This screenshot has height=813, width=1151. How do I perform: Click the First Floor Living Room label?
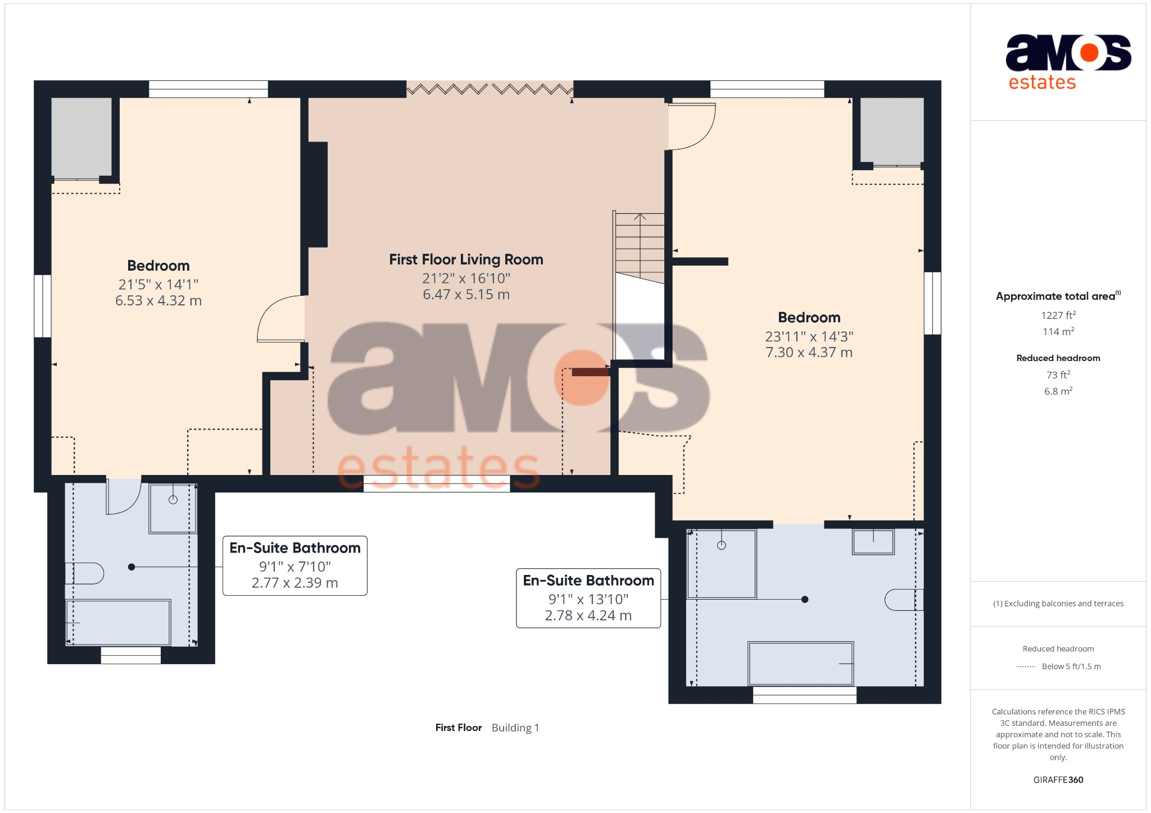point(466,259)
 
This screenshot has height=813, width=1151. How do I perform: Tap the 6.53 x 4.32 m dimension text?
point(158,301)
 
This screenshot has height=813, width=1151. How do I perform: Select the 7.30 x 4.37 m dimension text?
point(809,353)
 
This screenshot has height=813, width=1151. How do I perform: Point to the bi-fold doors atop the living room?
point(490,89)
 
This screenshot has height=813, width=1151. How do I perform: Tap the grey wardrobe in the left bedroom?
point(81,138)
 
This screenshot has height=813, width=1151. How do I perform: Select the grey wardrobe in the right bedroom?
point(891,131)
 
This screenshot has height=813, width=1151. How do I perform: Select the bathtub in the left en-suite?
point(118,622)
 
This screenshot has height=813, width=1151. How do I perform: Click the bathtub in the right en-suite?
point(800,664)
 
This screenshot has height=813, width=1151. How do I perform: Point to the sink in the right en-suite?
point(873,542)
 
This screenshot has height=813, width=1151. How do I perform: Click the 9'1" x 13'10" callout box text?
point(588,599)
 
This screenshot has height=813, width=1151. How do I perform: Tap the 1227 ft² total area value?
point(1058,316)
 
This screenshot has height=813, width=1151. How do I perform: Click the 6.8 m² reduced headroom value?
point(1058,391)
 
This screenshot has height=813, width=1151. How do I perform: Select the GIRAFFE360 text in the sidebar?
point(1058,780)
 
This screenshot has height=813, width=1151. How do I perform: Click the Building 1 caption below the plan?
point(515,728)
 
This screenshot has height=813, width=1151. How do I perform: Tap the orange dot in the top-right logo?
point(1089,53)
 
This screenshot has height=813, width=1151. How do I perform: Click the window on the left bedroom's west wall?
point(43,306)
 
